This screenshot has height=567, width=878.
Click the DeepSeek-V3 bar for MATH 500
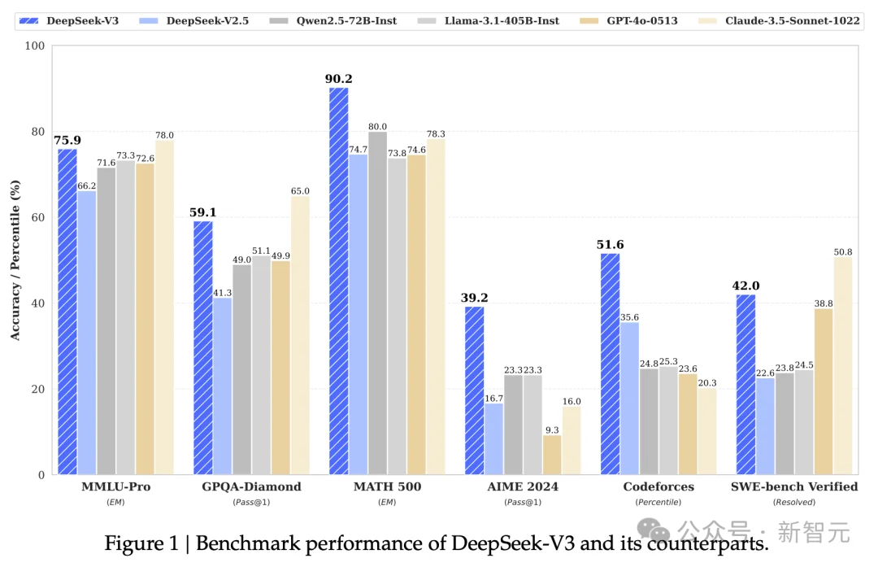(338, 281)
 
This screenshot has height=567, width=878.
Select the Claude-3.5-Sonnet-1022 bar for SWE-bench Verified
(843, 365)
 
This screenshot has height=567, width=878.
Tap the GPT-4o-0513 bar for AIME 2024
(553, 455)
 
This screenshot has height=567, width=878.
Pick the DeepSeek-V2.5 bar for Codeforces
(629, 399)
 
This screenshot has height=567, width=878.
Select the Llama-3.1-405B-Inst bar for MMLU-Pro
(126, 317)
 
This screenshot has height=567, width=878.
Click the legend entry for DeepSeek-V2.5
(190, 20)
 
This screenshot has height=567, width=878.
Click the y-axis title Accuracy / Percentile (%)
(15, 260)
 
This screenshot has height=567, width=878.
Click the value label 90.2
(339, 79)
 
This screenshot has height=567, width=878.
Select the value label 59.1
(202, 212)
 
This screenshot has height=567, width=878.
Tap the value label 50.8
(843, 251)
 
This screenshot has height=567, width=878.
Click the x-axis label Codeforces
(658, 486)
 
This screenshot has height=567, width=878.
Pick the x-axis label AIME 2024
(523, 486)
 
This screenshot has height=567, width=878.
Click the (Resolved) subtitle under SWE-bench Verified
(794, 502)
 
